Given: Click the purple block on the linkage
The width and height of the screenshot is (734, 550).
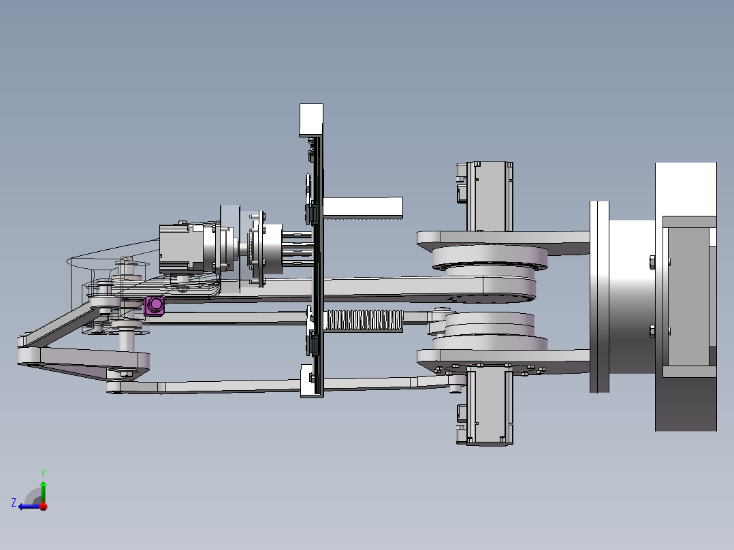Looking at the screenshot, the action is tap(155, 305).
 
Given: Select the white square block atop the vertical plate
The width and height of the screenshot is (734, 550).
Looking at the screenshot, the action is tap(311, 120).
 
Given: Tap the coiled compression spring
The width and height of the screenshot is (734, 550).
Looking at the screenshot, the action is tap(364, 321).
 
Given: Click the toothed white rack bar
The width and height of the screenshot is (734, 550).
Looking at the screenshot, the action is tap(363, 208).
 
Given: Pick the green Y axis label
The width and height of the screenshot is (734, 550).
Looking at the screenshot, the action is tap(43, 474).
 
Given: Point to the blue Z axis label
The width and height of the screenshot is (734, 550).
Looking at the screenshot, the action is tap(14, 503).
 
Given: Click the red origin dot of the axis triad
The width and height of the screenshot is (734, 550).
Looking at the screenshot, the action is tap(44, 506).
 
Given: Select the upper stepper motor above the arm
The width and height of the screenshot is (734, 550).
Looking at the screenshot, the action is tap(485, 196).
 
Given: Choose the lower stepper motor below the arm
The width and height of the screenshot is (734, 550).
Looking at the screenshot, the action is tap(485, 405).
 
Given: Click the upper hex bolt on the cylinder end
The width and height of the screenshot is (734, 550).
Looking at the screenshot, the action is tap(652, 262).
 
